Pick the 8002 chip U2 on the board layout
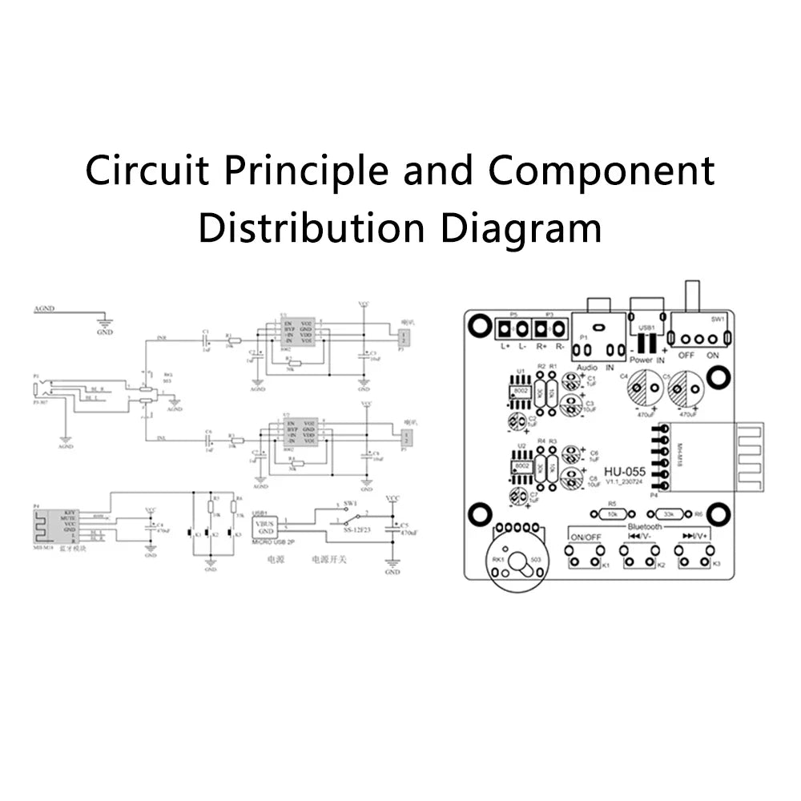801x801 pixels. [521, 465]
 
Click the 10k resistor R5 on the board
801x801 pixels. [613, 514]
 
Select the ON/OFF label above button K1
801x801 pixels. [585, 537]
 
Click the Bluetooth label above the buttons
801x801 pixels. [645, 526]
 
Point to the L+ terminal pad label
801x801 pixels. [505, 347]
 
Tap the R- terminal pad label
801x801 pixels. [558, 347]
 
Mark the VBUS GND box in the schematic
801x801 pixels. [265, 527]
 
